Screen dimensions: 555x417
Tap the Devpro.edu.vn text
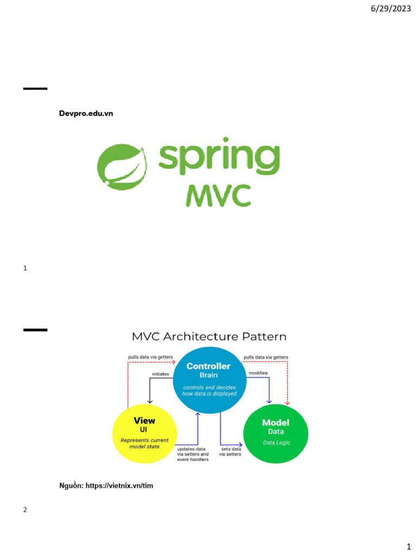click(86, 113)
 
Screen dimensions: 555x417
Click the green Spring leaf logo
click(121, 165)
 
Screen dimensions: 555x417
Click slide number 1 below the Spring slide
click(26, 268)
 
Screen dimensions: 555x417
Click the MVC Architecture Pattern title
click(209, 337)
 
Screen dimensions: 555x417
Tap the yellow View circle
click(144, 434)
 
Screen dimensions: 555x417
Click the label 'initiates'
click(160, 374)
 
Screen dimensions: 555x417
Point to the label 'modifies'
click(258, 373)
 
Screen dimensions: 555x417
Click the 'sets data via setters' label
click(230, 452)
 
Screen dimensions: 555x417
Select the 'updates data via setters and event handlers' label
click(193, 454)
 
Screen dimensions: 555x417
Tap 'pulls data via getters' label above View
click(150, 357)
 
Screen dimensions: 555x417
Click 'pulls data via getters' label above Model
click(266, 357)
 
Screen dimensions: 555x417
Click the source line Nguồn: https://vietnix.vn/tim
click(106, 486)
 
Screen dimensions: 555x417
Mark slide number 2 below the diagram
click(26, 509)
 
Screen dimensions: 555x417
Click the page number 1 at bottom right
click(409, 546)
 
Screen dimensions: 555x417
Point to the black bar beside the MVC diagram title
click(35, 330)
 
